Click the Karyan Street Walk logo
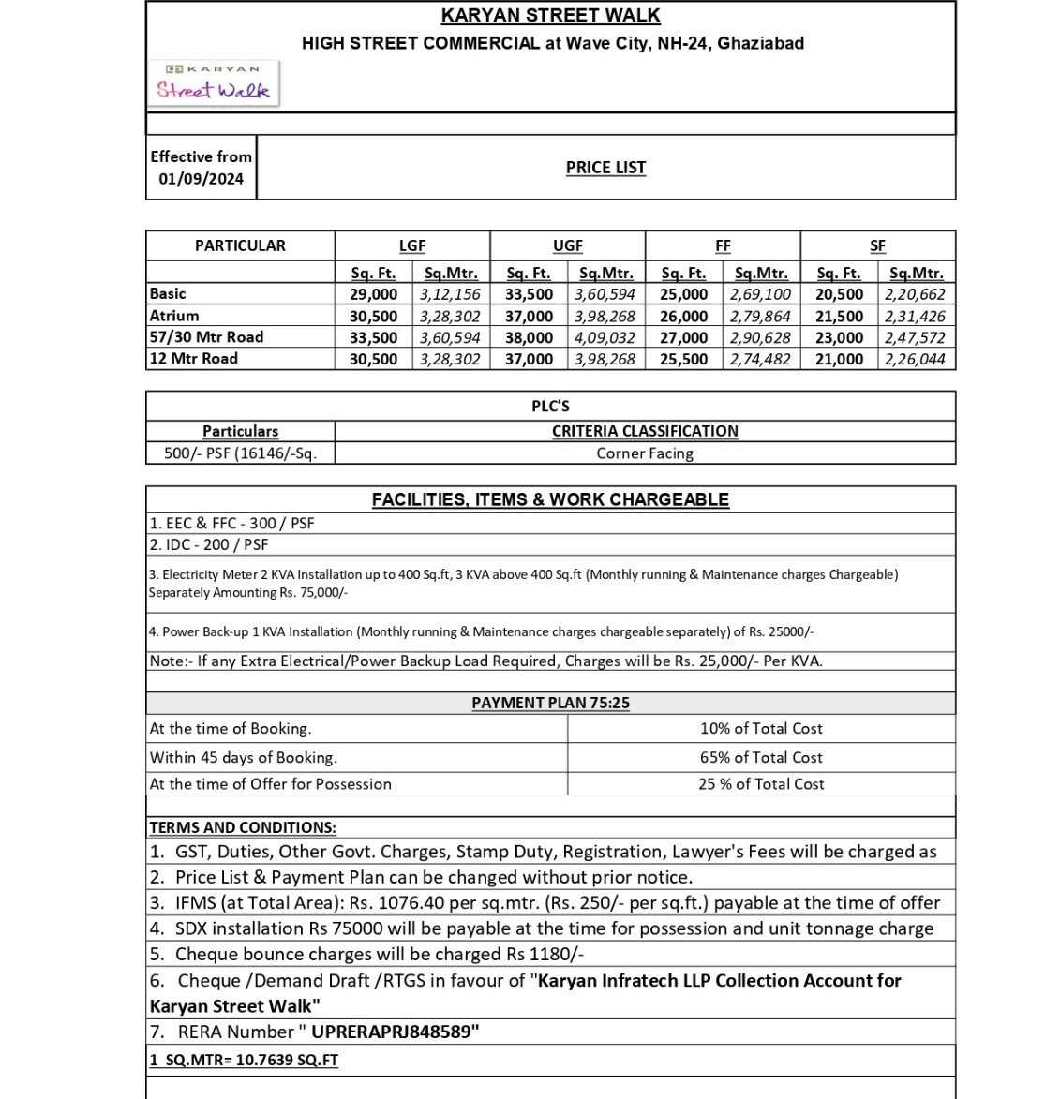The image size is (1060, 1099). tap(215, 83)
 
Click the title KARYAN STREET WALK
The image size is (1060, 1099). tap(550, 16)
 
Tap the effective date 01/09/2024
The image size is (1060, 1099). tap(201, 179)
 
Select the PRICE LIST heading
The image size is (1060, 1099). tap(605, 168)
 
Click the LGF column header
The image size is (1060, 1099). tap(411, 245)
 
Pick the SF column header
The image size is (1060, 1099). tap(877, 245)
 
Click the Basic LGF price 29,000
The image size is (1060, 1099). tap(373, 294)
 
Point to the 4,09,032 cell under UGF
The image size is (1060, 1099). tap(605, 337)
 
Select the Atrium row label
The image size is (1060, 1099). tap(174, 316)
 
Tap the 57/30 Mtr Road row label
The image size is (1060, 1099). tap(206, 337)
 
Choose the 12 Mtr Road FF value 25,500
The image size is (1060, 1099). tap(683, 359)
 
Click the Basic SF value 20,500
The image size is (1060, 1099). tap(839, 294)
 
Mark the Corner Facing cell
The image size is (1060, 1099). tap(645, 453)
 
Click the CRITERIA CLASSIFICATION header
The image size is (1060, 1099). tap(645, 431)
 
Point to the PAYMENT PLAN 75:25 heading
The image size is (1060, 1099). tap(550, 703)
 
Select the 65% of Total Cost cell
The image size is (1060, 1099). tap(761, 757)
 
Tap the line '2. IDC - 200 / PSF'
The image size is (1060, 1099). tap(208, 544)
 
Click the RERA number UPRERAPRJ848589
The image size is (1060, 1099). tap(395, 1032)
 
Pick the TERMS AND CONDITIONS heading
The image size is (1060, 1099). tap(243, 827)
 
